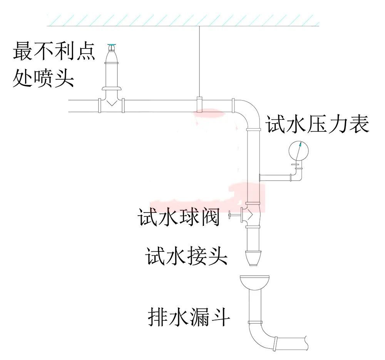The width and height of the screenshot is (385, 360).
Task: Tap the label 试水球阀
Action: (179, 218)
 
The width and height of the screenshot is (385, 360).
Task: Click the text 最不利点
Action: (54, 52)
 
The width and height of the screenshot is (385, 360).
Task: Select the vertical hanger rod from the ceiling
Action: (199, 62)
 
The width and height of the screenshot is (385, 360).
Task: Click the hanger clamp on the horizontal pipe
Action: (199, 105)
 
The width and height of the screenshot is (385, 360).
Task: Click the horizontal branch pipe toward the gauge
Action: (275, 177)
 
